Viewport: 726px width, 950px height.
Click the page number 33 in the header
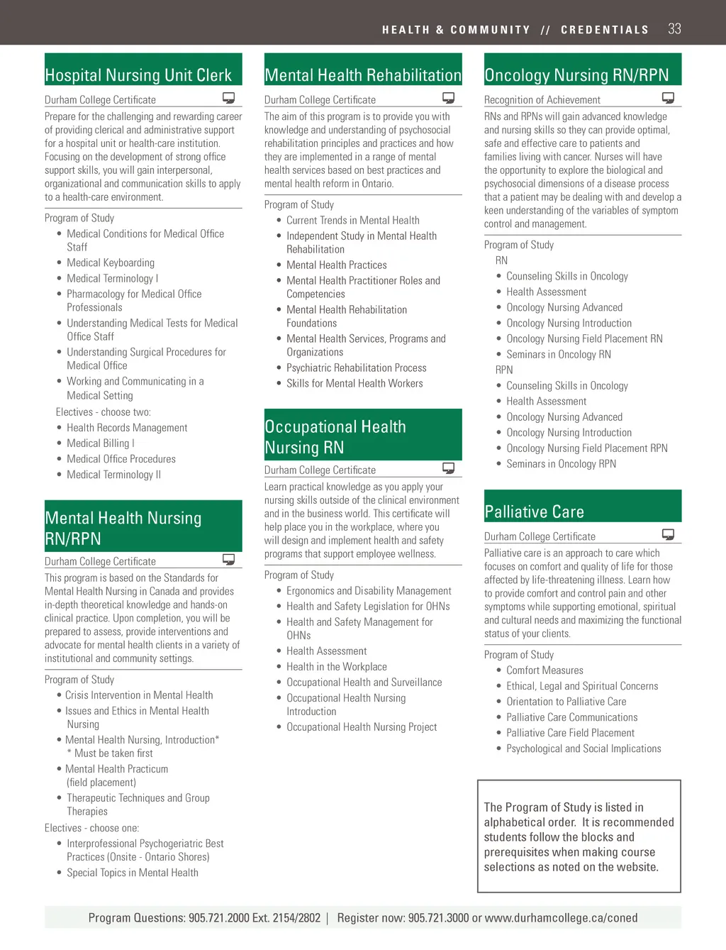point(674,29)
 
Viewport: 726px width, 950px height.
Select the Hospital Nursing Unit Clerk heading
point(138,74)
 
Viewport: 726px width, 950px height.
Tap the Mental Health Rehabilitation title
point(363,74)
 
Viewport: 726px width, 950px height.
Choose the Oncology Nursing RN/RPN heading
point(576,74)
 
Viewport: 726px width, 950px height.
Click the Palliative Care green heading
point(534,512)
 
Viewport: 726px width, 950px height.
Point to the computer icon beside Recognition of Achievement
point(668,98)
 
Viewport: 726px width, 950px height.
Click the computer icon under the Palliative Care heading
point(668,534)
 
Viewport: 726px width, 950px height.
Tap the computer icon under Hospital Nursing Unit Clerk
point(228,98)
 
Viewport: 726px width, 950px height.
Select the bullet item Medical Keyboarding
point(111,263)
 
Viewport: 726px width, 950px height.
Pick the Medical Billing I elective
point(100,443)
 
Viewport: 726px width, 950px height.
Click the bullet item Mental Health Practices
point(337,265)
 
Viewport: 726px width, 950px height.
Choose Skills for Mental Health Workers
point(354,383)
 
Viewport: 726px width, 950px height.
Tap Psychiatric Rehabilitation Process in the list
point(357,368)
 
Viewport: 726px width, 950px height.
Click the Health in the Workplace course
point(337,666)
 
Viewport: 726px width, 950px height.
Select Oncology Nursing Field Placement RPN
point(587,448)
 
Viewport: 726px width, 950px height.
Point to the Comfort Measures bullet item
point(544,670)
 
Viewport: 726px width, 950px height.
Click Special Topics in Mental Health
point(133,873)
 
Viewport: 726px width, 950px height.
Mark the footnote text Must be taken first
point(113,753)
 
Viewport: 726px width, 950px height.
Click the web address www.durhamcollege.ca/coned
point(561,917)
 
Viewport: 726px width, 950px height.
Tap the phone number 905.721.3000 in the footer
point(438,917)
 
